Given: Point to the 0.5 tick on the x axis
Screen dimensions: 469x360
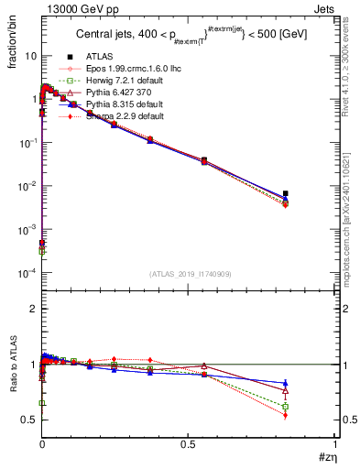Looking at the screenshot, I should coord(188,443).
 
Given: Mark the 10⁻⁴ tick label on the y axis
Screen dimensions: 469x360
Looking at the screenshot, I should coord(27,273).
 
